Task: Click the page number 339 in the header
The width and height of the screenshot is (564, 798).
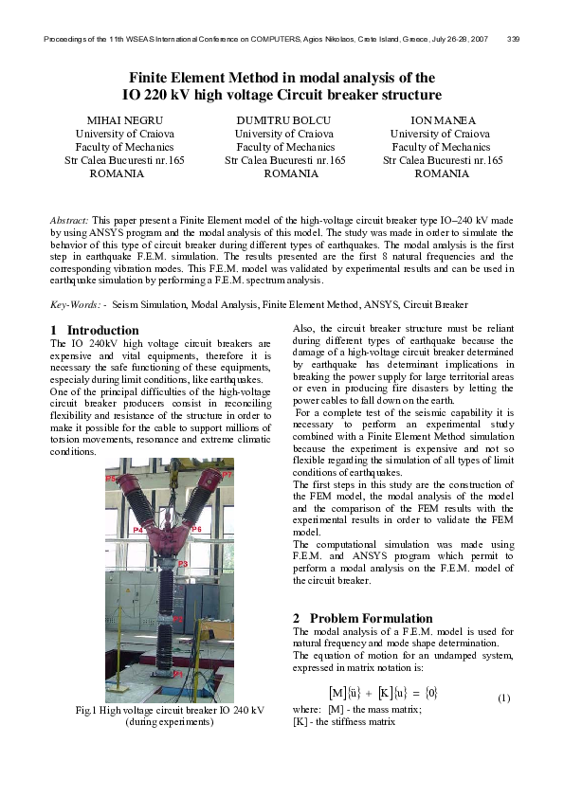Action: [x=513, y=39]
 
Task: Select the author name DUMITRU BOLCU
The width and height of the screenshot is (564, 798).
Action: [x=284, y=120]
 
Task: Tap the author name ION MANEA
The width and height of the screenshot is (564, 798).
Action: [x=442, y=120]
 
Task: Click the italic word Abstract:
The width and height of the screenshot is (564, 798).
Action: [x=69, y=219]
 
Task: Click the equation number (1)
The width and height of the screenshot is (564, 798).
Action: [x=503, y=698]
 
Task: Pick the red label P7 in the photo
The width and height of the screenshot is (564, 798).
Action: [x=227, y=473]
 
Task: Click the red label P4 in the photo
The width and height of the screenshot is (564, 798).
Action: [x=138, y=530]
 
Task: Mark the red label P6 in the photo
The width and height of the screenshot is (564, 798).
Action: [x=196, y=529]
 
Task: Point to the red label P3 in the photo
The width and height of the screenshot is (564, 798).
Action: [x=182, y=565]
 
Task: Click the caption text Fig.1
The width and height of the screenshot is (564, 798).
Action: [x=87, y=710]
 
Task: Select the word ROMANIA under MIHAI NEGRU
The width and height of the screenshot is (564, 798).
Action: [x=117, y=174]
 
